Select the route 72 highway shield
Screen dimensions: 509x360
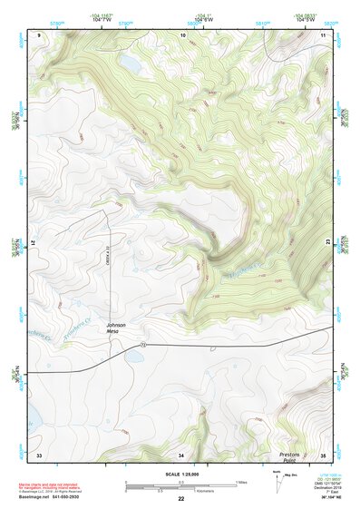(x=143, y=346)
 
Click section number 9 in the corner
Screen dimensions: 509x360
(x=40, y=34)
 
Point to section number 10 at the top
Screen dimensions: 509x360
(x=182, y=34)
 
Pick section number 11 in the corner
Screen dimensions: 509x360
(x=324, y=34)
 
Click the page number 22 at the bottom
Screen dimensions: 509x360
(x=180, y=499)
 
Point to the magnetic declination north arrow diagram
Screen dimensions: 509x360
(x=277, y=482)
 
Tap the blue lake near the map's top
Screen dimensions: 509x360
(x=131, y=66)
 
